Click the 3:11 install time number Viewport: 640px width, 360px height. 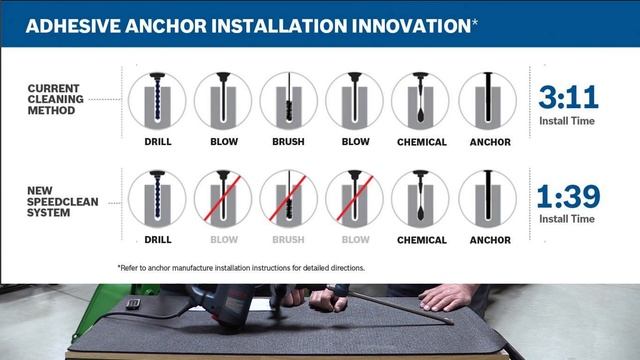pos(568,98)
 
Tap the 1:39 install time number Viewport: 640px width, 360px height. pos(568,196)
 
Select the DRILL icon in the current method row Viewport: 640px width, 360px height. pos(157,100)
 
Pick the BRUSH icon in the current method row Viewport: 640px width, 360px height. pos(288,100)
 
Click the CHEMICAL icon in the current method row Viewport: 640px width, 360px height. pos(420,100)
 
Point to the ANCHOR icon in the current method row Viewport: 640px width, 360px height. pos(487,100)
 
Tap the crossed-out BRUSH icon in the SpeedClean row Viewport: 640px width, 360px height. pos(288,198)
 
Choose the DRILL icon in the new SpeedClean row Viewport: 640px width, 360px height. pos(157,198)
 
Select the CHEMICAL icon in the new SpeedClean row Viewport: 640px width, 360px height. pos(420,198)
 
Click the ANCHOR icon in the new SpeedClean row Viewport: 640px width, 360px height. pos(487,198)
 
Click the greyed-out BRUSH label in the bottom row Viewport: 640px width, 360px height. pos(288,240)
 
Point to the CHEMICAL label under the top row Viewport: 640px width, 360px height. pos(421,142)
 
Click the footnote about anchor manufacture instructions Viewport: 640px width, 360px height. pos(241,268)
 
